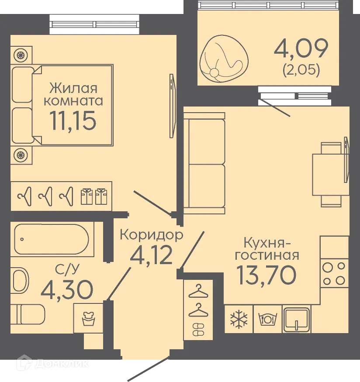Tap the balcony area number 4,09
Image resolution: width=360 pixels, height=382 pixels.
click(301, 49)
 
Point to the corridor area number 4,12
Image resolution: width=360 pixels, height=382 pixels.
click(152, 255)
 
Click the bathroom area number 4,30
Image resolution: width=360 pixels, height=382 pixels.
click(66, 288)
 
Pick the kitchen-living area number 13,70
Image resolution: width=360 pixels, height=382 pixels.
click(266, 274)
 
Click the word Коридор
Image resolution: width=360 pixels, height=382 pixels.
click(151, 235)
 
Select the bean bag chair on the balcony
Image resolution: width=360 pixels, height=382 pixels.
click(221, 57)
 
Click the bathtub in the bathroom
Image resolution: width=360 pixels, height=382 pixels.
click(52, 240)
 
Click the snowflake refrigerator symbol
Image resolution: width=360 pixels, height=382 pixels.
click(239, 319)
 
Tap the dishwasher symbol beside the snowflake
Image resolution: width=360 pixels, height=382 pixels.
click(267, 319)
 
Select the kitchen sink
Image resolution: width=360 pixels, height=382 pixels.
click(296, 319)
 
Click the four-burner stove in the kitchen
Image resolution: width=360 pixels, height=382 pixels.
click(334, 273)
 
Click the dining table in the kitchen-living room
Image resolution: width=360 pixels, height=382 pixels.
click(327, 174)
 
